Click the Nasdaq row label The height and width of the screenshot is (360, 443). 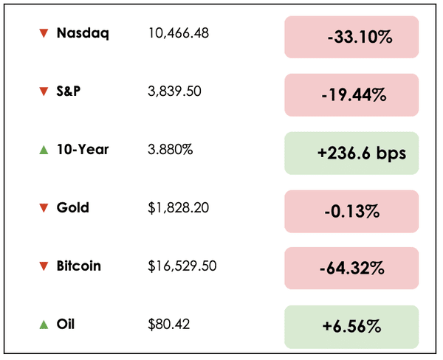tap(83, 33)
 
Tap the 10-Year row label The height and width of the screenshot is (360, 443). tap(83, 150)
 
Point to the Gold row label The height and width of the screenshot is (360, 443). tap(73, 208)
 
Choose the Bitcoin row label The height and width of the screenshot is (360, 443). tap(79, 266)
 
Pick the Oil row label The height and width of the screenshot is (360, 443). tap(66, 324)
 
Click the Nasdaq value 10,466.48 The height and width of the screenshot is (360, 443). tap(179, 33)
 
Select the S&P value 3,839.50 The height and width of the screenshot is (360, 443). tap(175, 91)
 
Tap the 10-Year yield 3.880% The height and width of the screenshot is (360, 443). tap(171, 150)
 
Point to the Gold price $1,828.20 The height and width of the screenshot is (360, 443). tap(178, 208)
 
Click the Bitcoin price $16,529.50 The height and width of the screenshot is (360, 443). tap(182, 266)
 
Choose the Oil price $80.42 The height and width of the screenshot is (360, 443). tap(167, 324)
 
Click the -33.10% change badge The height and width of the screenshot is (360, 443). tap(351, 37)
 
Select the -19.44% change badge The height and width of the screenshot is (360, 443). tap(351, 94)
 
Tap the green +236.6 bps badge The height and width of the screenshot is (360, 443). tap(351, 153)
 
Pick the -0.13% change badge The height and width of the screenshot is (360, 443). tap(351, 211)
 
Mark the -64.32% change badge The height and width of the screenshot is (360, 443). tap(351, 269)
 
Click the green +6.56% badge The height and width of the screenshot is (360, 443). tap(351, 327)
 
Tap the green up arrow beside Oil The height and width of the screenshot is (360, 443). tap(44, 324)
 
